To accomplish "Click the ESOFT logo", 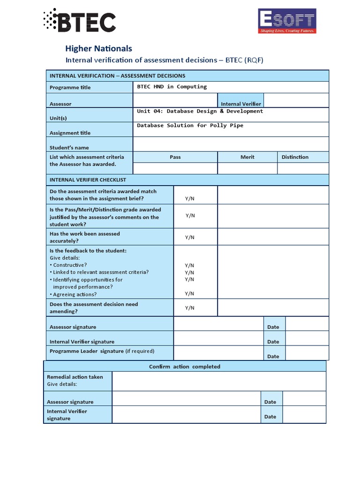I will [287, 21].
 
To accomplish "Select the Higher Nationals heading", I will [98, 48].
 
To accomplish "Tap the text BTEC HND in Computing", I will [172, 87].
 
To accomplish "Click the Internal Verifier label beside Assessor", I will [240, 104].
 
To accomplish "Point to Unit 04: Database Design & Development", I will [200, 111].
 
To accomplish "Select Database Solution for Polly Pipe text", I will [190, 126].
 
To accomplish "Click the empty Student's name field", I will [231, 144].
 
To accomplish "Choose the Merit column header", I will [247, 157].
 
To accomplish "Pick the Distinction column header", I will [295, 157].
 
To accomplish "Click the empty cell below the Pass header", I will [175, 168].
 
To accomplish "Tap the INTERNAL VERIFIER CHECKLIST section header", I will [88, 180].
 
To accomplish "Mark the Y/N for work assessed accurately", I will [189, 237].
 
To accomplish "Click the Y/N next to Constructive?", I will [189, 265].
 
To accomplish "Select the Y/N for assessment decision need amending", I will [189, 308].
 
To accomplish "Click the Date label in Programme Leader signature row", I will [273, 356].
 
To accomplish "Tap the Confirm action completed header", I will [184, 367].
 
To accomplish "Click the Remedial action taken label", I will [75, 377].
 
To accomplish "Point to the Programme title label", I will [70, 87].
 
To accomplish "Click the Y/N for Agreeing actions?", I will [189, 293].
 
